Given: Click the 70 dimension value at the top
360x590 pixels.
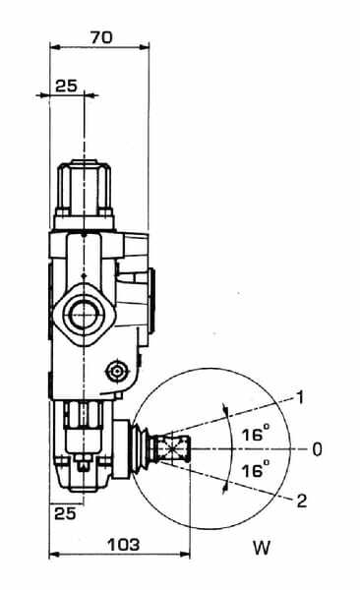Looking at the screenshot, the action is click(x=101, y=37).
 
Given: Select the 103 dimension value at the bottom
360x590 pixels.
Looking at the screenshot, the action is click(x=124, y=545).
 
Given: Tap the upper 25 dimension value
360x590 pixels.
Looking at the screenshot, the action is click(x=66, y=87).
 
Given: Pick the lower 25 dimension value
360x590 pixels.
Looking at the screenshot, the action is click(x=66, y=513).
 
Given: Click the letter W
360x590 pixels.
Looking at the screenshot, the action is click(x=262, y=548).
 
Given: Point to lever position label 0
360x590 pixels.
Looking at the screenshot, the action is click(x=317, y=449).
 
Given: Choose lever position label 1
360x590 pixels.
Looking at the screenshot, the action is click(x=300, y=398).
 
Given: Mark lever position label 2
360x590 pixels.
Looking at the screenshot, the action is click(x=302, y=501).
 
